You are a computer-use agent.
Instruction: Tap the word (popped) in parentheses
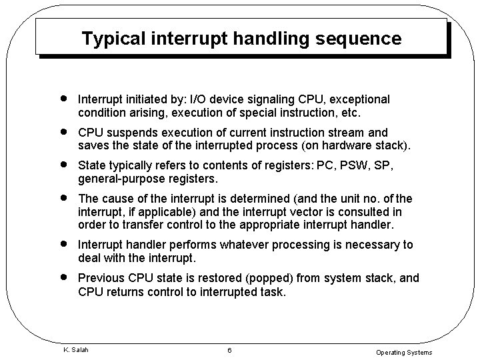249,278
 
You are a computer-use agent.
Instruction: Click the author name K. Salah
75,349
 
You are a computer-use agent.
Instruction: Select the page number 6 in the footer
228,350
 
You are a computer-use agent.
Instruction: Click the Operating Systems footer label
404,352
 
